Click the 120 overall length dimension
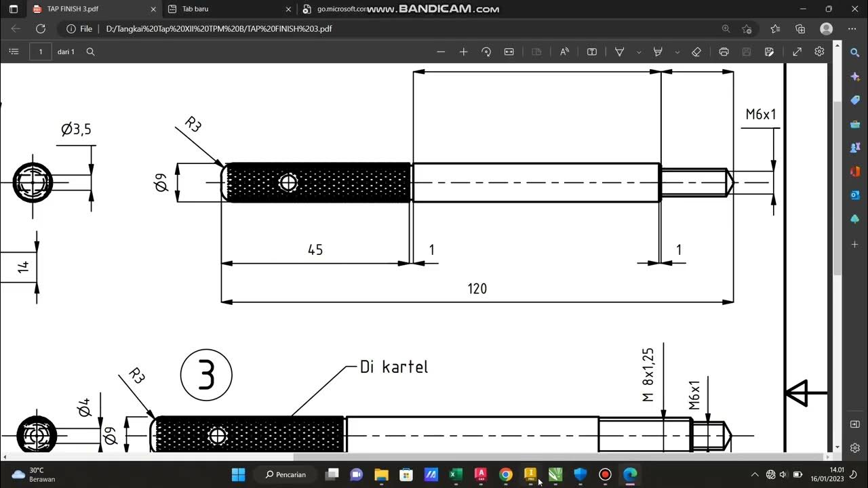click(477, 289)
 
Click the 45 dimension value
click(315, 250)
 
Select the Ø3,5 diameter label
click(76, 129)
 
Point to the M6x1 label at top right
click(760, 115)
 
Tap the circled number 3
click(206, 375)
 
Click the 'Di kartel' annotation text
click(394, 367)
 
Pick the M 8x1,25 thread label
click(648, 375)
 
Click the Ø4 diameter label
click(84, 407)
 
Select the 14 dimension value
click(24, 266)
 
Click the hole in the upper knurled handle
click(288, 182)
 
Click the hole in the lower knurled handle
click(217, 436)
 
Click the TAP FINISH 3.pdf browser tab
click(73, 9)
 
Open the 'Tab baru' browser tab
click(195, 9)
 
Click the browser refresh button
click(40, 29)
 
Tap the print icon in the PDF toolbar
click(724, 52)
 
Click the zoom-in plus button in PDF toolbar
click(463, 52)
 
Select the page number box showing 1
click(41, 52)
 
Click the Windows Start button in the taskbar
click(238, 474)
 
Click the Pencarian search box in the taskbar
click(285, 474)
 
